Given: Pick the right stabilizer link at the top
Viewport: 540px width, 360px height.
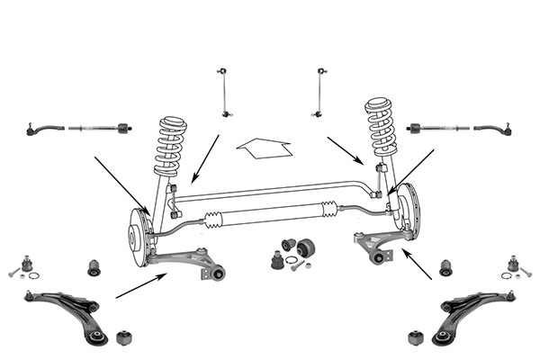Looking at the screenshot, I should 320,92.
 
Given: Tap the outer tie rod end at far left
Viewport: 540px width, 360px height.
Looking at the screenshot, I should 41,129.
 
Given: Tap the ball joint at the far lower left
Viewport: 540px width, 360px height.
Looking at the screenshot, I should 27,265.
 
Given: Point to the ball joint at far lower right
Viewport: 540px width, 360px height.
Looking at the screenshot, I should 513,265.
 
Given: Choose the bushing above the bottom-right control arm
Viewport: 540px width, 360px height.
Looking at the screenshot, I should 444,267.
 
